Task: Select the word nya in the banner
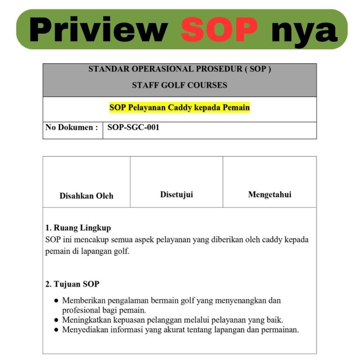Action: point(304,30)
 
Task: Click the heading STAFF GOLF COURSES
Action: point(180,85)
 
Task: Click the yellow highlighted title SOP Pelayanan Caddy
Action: point(180,107)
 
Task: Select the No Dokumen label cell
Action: point(72,127)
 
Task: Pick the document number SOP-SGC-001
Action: point(134,127)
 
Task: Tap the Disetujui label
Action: point(176,195)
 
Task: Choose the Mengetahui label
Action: point(270,195)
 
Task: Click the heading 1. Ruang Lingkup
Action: point(78,228)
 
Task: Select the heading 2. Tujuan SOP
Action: point(72,284)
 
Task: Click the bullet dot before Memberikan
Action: point(56,300)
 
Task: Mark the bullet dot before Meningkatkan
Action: point(56,320)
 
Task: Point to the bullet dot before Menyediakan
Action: point(56,330)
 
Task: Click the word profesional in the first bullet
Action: point(82,310)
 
